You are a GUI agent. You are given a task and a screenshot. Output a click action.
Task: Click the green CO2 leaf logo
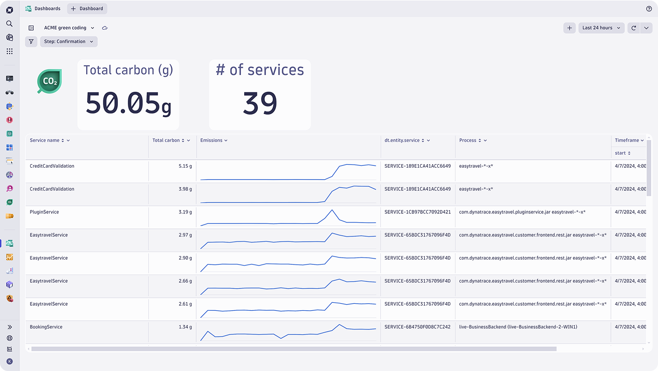pyautogui.click(x=49, y=81)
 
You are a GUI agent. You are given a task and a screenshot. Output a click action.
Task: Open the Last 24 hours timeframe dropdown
pyautogui.click(x=601, y=28)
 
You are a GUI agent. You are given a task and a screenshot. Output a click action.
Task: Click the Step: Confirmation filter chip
pyautogui.click(x=69, y=42)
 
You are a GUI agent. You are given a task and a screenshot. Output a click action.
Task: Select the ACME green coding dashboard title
pyautogui.click(x=65, y=28)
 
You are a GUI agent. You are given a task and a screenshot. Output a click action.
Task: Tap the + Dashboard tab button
pyautogui.click(x=87, y=9)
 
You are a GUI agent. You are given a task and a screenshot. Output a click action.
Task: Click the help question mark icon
pyautogui.click(x=649, y=9)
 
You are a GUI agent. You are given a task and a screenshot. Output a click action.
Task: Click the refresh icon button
pyautogui.click(x=633, y=28)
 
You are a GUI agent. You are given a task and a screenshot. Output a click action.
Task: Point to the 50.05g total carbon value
pyautogui.click(x=128, y=103)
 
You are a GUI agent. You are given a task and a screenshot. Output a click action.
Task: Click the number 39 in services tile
pyautogui.click(x=260, y=103)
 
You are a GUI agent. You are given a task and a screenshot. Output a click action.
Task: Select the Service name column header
pyautogui.click(x=45, y=140)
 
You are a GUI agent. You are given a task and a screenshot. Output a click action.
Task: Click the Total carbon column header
pyautogui.click(x=166, y=140)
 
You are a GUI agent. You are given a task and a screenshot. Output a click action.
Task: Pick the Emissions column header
pyautogui.click(x=211, y=140)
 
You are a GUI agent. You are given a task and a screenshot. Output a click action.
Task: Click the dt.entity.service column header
pyautogui.click(x=402, y=140)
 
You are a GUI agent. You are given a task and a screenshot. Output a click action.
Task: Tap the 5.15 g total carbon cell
pyautogui.click(x=185, y=166)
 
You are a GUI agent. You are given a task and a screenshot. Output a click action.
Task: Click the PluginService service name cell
pyautogui.click(x=44, y=212)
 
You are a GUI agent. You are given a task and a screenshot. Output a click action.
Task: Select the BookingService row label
pyautogui.click(x=46, y=327)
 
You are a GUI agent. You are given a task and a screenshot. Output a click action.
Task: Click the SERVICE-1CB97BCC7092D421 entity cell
pyautogui.click(x=417, y=212)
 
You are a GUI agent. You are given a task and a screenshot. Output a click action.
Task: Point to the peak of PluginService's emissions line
pyautogui.click(x=332, y=210)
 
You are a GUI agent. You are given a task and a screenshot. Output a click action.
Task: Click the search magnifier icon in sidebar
pyautogui.click(x=10, y=24)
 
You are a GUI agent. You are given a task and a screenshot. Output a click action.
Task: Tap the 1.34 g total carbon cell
pyautogui.click(x=185, y=327)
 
